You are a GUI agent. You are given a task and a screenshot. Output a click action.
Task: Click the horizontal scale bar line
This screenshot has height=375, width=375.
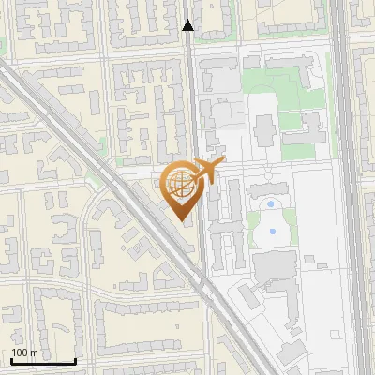pos(43,362)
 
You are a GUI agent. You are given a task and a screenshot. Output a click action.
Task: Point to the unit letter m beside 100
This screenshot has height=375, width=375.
pos(35,353)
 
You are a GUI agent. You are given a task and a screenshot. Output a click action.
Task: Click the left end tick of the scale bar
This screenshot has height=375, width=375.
pos(11,360)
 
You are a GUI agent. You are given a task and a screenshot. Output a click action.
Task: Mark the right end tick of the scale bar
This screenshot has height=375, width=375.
pos(75,360)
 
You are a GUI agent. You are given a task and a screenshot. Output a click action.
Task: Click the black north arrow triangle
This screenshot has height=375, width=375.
pos(188,25)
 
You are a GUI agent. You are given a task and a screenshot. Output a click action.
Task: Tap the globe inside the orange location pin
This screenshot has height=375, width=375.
pos(179,185)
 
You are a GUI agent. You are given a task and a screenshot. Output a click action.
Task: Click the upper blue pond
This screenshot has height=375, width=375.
pos(271,203)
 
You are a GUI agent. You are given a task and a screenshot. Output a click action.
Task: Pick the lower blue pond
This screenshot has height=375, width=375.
pos(273,231)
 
